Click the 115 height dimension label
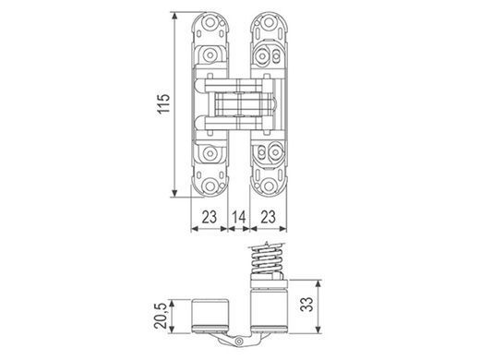click(163, 103)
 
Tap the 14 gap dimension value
click(239, 217)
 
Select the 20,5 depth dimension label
click(161, 316)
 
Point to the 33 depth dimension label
click(306, 304)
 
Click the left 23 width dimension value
click(210, 217)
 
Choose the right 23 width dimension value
click(268, 217)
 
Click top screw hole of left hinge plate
click(210, 22)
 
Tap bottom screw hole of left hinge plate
click(210, 186)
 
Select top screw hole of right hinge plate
click(269, 22)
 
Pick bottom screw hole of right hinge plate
click(269, 186)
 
